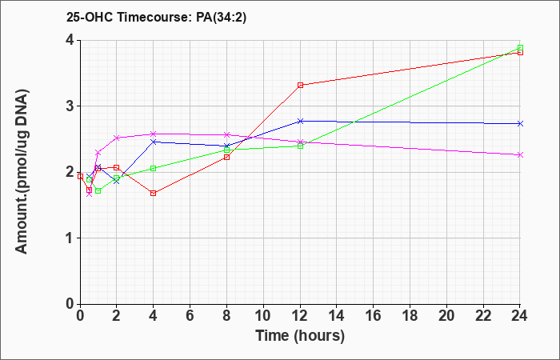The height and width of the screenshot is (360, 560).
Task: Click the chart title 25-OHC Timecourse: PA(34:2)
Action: click(157, 17)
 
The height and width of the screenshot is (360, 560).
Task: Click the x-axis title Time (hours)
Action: click(300, 336)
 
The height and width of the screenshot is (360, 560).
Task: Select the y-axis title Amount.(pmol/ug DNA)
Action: click(22, 171)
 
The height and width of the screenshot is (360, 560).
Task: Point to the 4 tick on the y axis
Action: click(70, 40)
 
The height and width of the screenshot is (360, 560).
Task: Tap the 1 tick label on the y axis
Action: click(70, 238)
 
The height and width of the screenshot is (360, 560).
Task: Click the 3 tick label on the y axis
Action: click(70, 106)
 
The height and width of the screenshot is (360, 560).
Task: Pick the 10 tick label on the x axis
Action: click(263, 316)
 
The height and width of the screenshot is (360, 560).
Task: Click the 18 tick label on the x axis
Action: click(410, 316)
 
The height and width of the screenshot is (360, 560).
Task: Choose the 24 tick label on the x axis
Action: click(520, 316)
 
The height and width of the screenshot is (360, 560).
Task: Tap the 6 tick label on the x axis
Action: click(190, 316)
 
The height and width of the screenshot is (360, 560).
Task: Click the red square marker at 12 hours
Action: click(300, 85)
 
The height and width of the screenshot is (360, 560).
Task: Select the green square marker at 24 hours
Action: click(520, 48)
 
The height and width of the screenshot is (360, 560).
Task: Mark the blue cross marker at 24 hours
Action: click(520, 123)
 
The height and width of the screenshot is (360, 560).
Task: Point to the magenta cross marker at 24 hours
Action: click(520, 154)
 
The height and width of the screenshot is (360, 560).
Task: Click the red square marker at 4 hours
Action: click(154, 194)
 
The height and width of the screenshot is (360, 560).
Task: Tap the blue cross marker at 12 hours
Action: click(300, 121)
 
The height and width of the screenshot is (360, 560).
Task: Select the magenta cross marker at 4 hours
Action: click(154, 134)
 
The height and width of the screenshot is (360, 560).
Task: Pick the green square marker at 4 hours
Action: click(154, 168)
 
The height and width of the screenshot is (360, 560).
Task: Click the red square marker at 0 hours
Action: click(80, 177)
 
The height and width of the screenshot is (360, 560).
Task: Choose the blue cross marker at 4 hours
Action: click(154, 142)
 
